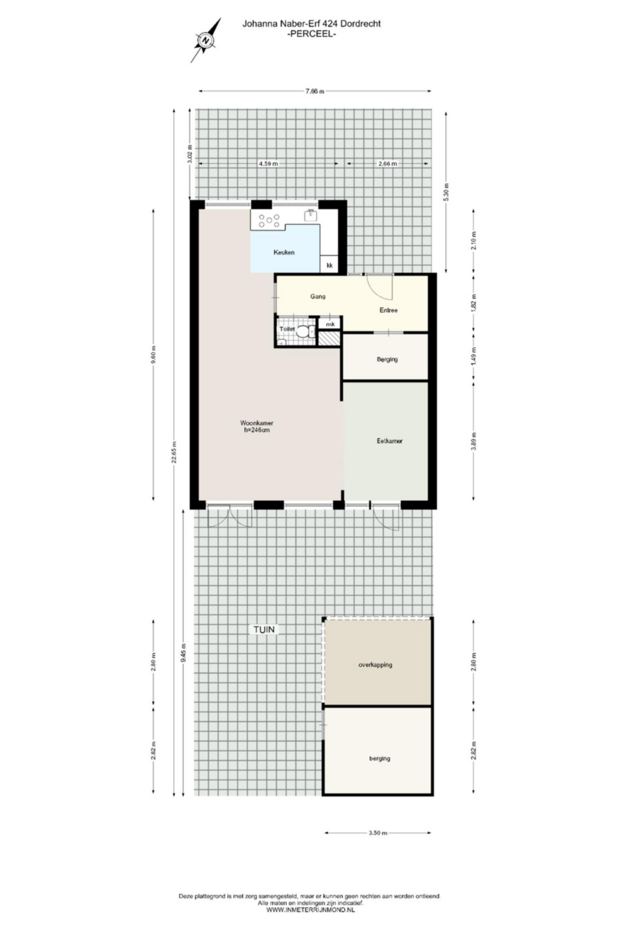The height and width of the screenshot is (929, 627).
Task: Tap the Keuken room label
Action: (284, 252)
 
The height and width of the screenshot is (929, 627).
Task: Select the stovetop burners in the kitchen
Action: (268, 220)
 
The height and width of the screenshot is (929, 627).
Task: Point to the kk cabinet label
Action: (330, 265)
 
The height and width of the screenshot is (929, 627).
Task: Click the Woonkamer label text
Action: (257, 422)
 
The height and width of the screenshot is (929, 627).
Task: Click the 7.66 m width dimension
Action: (315, 91)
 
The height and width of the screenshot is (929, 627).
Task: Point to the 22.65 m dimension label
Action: (174, 452)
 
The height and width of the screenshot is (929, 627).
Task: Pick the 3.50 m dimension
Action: (378, 833)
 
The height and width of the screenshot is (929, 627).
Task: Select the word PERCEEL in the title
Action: (312, 34)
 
